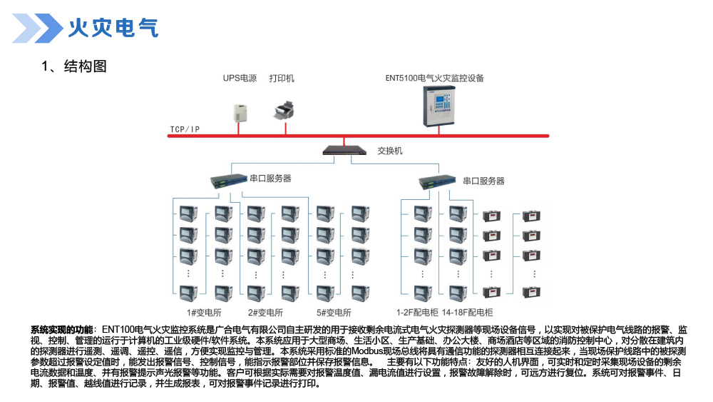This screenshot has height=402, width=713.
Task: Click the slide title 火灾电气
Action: pyautogui.click(x=113, y=28)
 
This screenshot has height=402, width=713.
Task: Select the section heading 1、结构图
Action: pyautogui.click(x=74, y=66)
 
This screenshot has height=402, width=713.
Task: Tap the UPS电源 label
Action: pyautogui.click(x=239, y=79)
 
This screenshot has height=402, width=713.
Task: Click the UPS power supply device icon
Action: pyautogui.click(x=241, y=111)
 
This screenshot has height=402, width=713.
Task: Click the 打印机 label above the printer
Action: pyautogui.click(x=282, y=79)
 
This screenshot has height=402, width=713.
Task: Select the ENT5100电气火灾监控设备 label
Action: pyautogui.click(x=434, y=79)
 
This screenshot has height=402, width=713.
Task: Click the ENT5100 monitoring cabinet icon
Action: pyautogui.click(x=437, y=105)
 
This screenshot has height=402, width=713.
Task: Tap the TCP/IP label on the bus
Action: pyautogui.click(x=185, y=130)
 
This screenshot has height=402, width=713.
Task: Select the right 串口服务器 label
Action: pyautogui.click(x=483, y=181)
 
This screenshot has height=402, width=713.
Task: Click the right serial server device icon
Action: pyautogui.click(x=436, y=181)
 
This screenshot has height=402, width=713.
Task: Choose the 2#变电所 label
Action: pyautogui.click(x=265, y=312)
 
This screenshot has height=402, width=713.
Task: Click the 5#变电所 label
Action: pyautogui.click(x=334, y=312)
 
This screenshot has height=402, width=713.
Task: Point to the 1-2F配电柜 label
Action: pyautogui.click(x=417, y=312)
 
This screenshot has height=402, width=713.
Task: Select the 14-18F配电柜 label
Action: pyautogui.click(x=467, y=312)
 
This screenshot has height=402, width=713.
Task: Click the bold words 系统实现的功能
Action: pyautogui.click(x=61, y=330)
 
